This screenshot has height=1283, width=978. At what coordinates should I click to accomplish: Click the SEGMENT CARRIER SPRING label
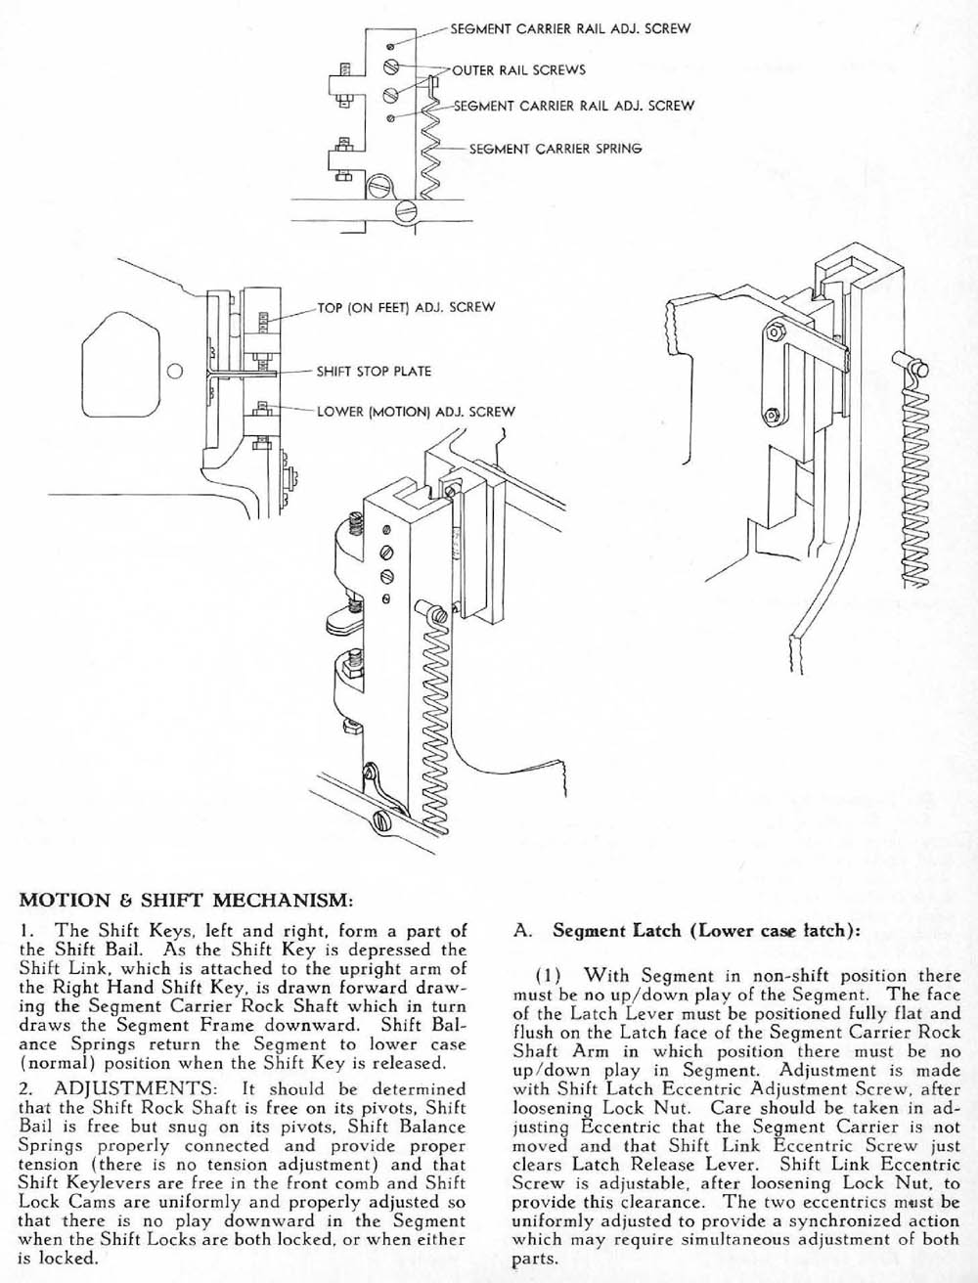[556, 149]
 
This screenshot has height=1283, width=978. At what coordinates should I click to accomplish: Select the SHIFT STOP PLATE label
[374, 372]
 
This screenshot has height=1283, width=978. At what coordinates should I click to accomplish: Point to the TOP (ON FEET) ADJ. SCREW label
[406, 307]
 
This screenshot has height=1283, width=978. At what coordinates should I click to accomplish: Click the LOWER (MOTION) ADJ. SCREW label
[416, 412]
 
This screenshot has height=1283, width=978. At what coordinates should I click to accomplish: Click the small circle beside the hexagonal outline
[175, 372]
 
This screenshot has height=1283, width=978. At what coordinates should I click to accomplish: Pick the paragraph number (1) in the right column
[547, 975]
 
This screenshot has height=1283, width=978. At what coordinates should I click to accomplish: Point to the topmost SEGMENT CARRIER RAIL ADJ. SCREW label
[570, 28]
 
